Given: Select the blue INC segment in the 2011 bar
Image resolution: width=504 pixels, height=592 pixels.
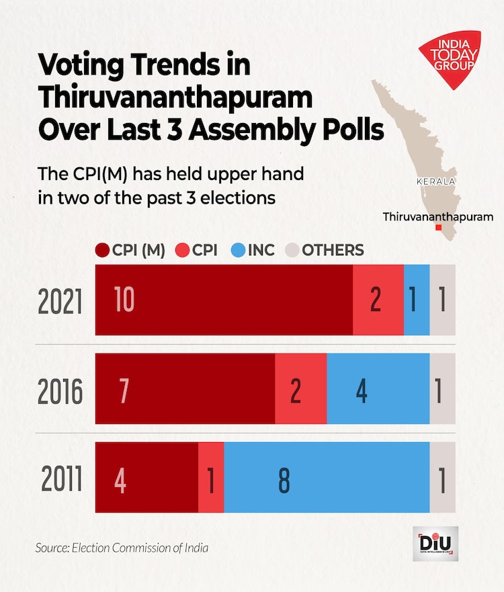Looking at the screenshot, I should (x=327, y=477).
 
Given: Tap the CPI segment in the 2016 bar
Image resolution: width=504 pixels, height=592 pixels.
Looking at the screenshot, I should (x=300, y=389).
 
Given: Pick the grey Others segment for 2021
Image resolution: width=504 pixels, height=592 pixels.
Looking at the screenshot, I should (x=442, y=300).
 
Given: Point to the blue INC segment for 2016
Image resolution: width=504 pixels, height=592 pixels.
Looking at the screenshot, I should (x=378, y=389).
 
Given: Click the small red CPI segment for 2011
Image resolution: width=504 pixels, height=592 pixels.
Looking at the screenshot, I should (x=211, y=477).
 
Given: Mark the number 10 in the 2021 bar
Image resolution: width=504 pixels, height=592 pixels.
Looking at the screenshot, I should (x=125, y=300).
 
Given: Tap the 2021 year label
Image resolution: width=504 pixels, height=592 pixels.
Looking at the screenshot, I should (x=60, y=302).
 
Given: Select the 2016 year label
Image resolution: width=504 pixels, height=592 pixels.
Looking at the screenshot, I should (x=60, y=392).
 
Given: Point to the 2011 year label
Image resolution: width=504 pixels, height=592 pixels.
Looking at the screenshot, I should (x=61, y=480).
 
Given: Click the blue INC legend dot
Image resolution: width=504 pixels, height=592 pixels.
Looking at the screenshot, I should (x=237, y=251).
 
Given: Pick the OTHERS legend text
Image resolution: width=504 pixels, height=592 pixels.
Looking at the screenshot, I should (x=333, y=251).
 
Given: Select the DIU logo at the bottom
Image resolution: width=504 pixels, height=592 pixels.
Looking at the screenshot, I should (x=435, y=544).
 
